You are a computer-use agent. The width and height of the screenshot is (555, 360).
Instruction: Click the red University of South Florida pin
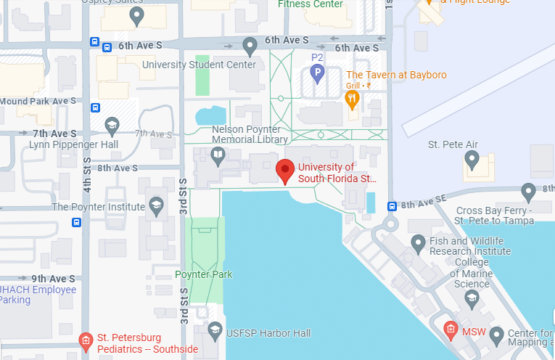(285, 171)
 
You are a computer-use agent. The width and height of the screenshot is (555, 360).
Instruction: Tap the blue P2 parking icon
(317, 72)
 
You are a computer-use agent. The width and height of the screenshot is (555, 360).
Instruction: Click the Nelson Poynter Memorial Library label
(249, 134)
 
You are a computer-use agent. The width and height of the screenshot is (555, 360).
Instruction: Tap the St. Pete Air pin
(472, 158)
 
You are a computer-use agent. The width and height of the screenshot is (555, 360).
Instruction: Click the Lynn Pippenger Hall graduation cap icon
(112, 126)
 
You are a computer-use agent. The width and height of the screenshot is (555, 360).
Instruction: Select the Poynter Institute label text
(99, 207)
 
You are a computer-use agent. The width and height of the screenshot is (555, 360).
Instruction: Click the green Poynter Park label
(204, 274)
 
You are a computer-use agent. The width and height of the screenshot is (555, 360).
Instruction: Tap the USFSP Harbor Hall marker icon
(215, 332)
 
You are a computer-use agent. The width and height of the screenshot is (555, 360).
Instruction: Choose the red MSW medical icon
(451, 330)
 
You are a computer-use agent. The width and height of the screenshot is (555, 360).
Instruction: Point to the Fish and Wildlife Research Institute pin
(418, 242)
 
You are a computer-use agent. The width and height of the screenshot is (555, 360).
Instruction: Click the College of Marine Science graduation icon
(472, 298)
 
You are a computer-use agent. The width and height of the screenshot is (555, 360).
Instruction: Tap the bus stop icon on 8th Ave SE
(392, 205)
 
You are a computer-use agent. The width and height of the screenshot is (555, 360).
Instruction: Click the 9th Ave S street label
(53, 278)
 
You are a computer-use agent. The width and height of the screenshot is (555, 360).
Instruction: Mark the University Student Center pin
(250, 46)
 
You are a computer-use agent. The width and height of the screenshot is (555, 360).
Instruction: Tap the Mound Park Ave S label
(38, 101)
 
